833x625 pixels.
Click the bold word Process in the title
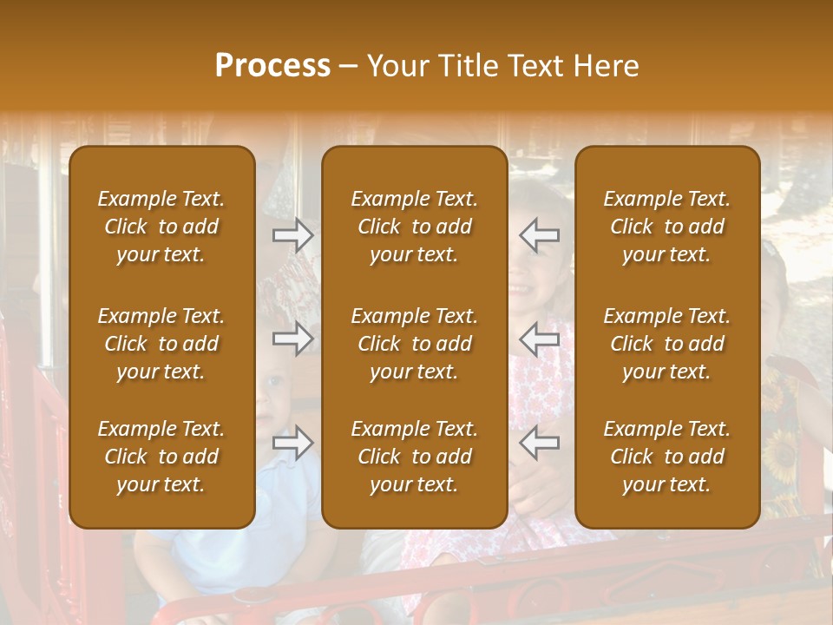click(272, 66)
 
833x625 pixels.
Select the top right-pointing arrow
click(293, 235)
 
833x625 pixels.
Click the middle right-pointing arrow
click(293, 339)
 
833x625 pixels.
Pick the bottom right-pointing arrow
click(293, 443)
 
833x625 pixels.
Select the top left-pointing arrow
click(539, 235)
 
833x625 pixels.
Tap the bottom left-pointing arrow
click(539, 443)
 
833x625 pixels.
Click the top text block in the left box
click(161, 227)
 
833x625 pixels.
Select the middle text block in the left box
click(161, 344)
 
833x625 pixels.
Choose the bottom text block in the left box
click(161, 457)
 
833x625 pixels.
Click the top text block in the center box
click(414, 227)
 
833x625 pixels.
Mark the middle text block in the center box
click(414, 344)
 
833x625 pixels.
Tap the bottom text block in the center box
click(414, 457)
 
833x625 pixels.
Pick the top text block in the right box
click(666, 227)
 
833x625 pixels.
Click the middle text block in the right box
click(666, 344)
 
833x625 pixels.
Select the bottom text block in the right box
click(666, 457)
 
